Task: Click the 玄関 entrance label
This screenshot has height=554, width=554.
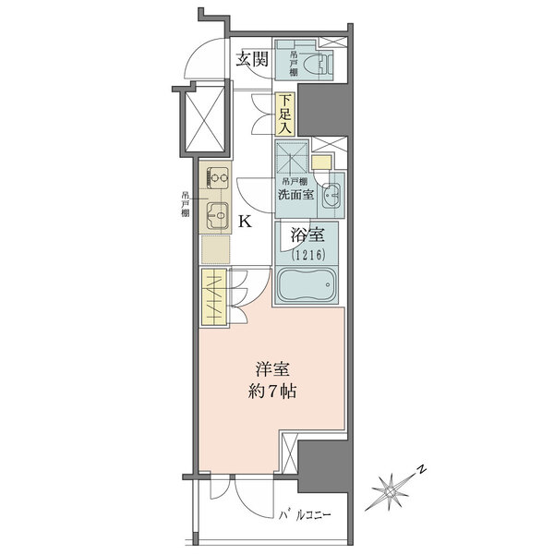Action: (x=252, y=59)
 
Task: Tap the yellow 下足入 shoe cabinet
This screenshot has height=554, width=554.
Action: (x=284, y=114)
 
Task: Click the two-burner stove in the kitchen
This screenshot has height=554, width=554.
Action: (x=217, y=177)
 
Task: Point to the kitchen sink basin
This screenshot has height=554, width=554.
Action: (x=217, y=215)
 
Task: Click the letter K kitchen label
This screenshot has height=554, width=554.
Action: (x=246, y=222)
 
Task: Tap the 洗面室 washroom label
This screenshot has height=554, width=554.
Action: (x=295, y=194)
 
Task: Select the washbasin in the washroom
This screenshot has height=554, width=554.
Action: (x=331, y=196)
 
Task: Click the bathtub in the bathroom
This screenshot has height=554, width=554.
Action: (x=307, y=284)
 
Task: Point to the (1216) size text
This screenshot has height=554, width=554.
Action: (x=308, y=255)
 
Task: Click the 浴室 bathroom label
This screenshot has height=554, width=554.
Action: (x=307, y=235)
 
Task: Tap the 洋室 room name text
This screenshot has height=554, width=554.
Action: (x=272, y=369)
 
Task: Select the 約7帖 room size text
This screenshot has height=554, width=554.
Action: (x=272, y=391)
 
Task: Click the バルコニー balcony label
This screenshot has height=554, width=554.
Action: (x=305, y=515)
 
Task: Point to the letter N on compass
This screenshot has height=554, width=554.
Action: (x=421, y=470)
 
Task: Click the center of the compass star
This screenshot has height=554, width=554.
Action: (x=390, y=491)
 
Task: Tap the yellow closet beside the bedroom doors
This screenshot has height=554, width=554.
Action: (x=214, y=296)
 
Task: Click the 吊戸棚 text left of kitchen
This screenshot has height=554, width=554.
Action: (x=185, y=204)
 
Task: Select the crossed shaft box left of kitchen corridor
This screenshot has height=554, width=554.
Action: (x=205, y=119)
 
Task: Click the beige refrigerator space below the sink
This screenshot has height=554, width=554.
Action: (x=215, y=249)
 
